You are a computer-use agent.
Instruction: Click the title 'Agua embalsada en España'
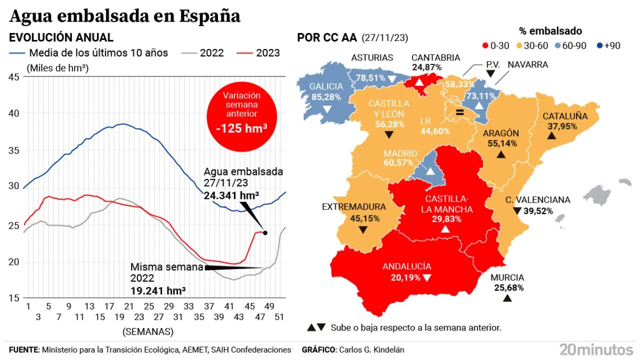(125, 16)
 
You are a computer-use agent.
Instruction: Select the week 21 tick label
(128, 306)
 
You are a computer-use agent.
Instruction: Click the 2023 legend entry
(258, 53)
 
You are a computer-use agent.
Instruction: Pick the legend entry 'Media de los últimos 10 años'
(88, 53)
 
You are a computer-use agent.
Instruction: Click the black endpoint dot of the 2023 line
(265, 232)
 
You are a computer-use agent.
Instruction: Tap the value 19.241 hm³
(158, 290)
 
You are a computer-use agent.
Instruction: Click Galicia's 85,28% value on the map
(325, 97)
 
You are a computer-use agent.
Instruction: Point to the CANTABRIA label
(435, 57)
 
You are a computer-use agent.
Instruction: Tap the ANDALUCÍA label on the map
(406, 266)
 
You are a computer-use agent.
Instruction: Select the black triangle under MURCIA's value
(507, 298)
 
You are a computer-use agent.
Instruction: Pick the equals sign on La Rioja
(460, 113)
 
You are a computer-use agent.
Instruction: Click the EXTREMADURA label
(354, 206)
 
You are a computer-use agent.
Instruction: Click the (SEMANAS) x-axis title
(147, 331)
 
